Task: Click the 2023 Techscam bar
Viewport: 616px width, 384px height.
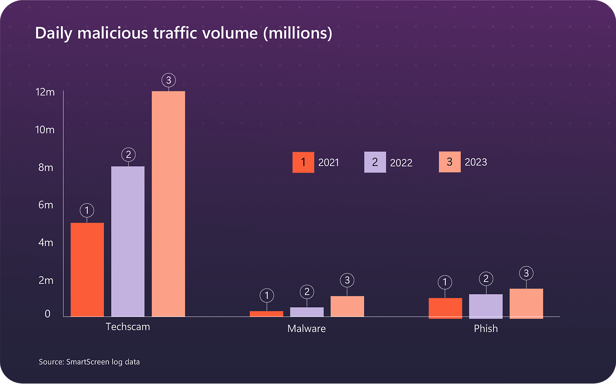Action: [x=168, y=204]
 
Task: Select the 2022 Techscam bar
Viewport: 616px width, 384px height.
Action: [x=128, y=241]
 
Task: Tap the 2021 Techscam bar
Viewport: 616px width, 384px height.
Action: [x=87, y=270]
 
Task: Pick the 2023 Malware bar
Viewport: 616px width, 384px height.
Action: [x=347, y=306]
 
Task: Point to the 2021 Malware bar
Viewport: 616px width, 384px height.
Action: [x=266, y=314]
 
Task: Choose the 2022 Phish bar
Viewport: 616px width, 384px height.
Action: [x=486, y=306]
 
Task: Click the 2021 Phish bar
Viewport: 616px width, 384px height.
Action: [x=445, y=308]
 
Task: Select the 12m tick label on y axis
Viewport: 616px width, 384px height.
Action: [x=45, y=92]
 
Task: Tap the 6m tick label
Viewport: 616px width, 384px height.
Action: [x=45, y=205]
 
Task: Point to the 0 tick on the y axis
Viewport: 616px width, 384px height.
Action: [x=47, y=314]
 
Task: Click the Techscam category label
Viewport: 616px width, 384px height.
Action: [x=128, y=327]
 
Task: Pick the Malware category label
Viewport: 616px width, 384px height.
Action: [x=306, y=329]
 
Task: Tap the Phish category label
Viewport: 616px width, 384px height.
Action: [x=486, y=329]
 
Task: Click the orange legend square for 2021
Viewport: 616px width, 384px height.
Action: [x=303, y=162]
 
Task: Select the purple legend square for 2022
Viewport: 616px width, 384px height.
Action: [x=375, y=162]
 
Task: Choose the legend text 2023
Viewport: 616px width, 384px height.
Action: [x=476, y=162]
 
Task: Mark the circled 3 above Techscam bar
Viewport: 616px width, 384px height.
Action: [x=169, y=80]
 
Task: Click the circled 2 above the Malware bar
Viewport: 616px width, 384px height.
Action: [x=307, y=292]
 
